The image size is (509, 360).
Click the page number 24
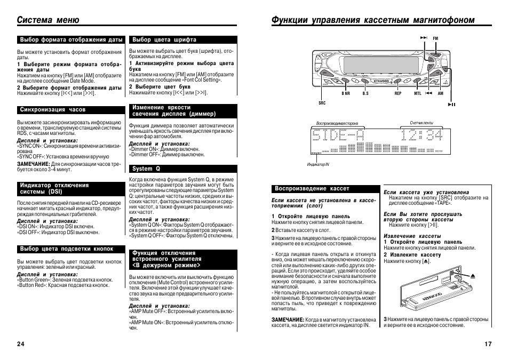20,343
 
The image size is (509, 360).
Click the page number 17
488,343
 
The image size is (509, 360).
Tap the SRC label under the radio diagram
322,103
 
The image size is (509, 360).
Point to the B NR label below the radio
346,93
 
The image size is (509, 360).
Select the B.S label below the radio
365,93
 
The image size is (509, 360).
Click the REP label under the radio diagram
398,93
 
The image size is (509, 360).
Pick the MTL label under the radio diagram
418,93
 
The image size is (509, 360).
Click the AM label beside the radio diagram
441,93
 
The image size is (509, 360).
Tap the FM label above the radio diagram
435,38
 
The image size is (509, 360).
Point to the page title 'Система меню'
48,20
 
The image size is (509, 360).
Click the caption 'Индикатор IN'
319,164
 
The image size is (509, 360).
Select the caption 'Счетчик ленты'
421,123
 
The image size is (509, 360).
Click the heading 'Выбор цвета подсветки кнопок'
67,249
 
